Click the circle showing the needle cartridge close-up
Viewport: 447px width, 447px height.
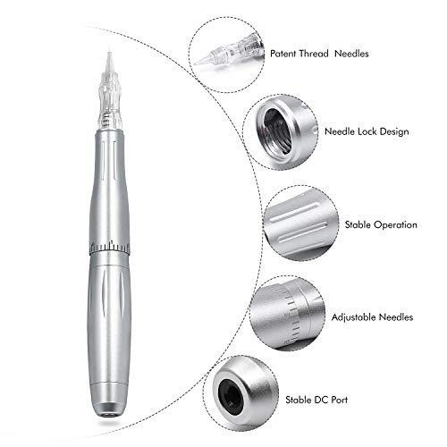click(x=225, y=51)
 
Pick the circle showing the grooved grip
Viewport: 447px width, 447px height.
click(x=299, y=223)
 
